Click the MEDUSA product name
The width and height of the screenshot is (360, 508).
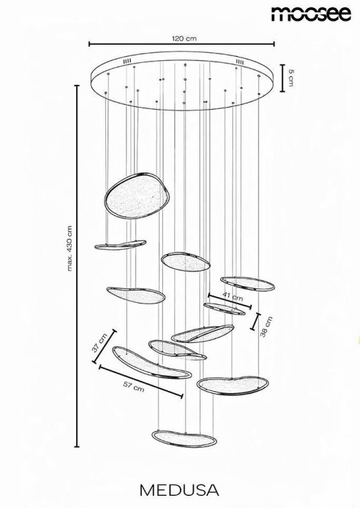click(x=179, y=490)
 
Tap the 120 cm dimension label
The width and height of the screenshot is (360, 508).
click(x=185, y=39)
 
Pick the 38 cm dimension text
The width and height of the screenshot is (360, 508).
click(x=267, y=327)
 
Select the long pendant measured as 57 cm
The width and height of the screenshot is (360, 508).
click(x=151, y=363)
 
